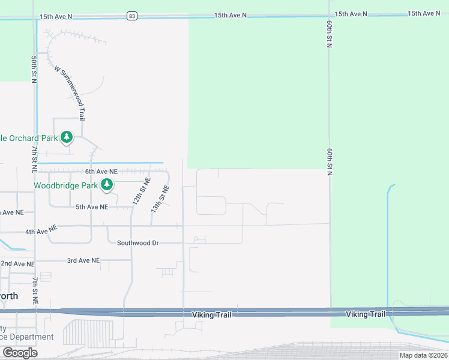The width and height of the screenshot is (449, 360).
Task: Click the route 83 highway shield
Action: [131, 16]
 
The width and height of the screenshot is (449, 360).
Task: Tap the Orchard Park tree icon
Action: [67, 138]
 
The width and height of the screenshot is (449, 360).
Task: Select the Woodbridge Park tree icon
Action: [107, 185]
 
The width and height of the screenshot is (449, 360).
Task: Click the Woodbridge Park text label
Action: [65, 185]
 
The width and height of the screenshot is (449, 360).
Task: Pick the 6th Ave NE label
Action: [100, 172]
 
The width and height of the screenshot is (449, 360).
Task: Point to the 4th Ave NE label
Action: [41, 230]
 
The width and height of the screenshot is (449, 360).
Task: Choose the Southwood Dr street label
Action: [137, 243]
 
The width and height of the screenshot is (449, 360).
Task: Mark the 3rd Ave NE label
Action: [83, 260]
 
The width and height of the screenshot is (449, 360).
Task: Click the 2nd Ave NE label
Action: [17, 263]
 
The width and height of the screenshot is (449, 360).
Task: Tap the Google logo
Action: [19, 353]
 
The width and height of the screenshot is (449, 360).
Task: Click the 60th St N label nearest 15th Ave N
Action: [330, 34]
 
